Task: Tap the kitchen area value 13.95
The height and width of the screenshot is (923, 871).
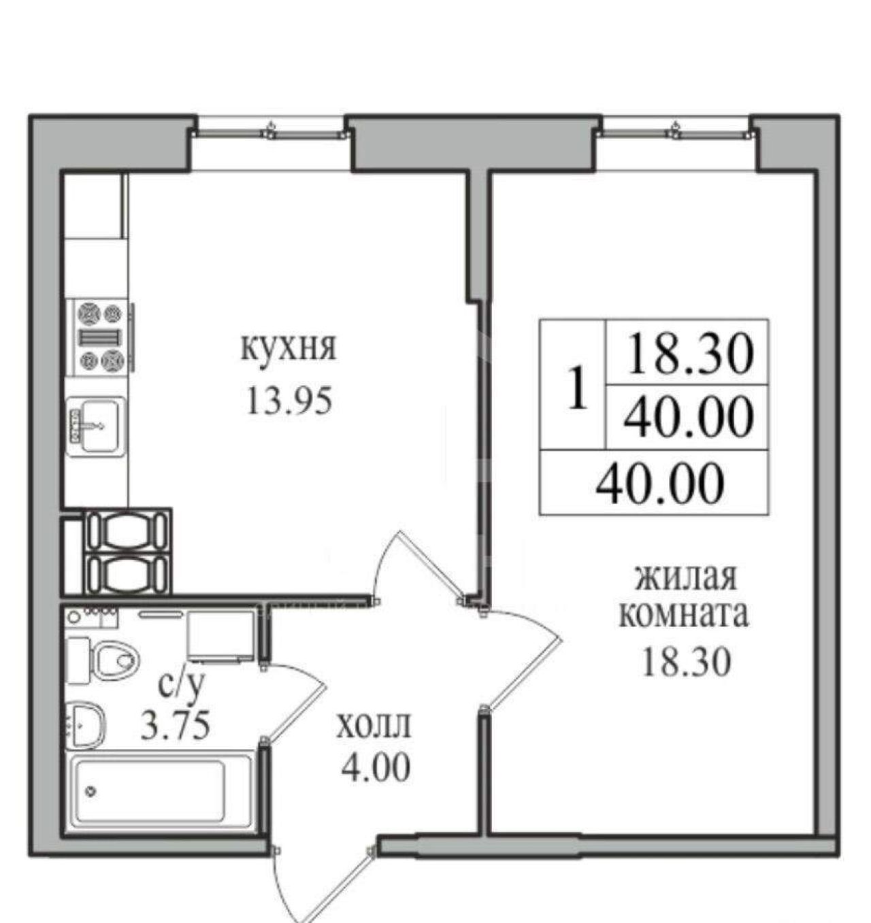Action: tap(289, 401)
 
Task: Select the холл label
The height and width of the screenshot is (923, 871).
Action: tap(374, 725)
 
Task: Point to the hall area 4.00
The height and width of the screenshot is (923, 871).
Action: tap(376, 768)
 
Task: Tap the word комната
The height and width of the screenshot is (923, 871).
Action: tap(684, 616)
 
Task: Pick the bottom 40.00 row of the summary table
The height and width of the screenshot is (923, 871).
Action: tap(660, 484)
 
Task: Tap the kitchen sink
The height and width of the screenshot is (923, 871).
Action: tap(96, 426)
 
